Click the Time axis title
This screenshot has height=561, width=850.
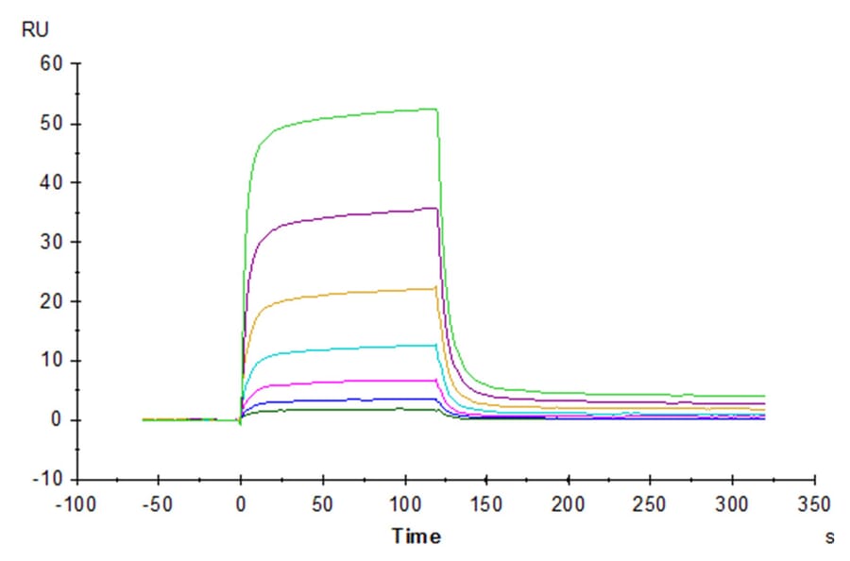[x=416, y=536]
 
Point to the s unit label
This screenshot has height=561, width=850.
[x=829, y=536]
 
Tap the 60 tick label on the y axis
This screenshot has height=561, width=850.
[x=50, y=64]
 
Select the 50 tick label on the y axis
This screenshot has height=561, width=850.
[x=50, y=124]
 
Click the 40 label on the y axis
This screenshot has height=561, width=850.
[x=50, y=182]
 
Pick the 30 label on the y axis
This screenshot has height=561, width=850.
[x=50, y=242]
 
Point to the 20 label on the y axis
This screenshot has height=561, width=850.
[x=50, y=301]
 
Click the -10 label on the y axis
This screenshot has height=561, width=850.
[x=47, y=479]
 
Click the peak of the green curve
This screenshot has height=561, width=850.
[x=435, y=109]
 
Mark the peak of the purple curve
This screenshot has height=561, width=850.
[x=435, y=208]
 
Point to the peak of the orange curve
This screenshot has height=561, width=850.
[x=435, y=287]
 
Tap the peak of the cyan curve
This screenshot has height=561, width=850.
[x=435, y=345]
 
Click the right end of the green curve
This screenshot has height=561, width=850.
[x=764, y=396]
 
